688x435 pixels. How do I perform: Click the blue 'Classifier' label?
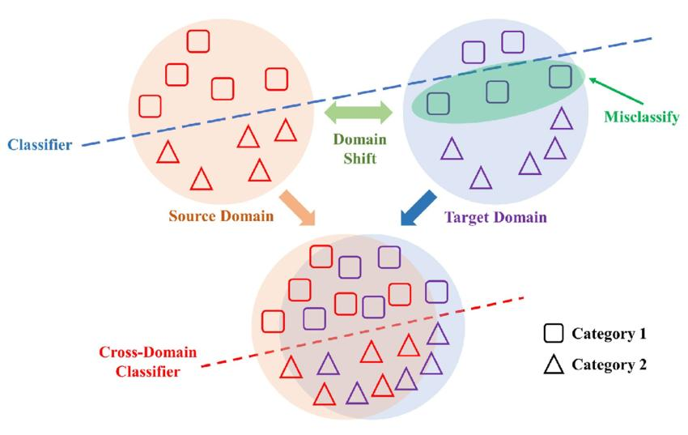pos(40,145)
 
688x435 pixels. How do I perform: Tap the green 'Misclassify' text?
pos(642,117)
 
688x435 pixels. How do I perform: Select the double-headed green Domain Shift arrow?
pos(358,113)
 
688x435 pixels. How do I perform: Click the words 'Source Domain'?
pos(221,216)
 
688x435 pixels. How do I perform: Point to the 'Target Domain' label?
pos(495,217)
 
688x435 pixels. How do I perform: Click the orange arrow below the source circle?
pos(299,208)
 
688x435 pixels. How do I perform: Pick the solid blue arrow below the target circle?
pos(418,208)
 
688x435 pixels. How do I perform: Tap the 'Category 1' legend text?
pos(609,334)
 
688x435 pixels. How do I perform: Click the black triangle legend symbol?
pos(554,365)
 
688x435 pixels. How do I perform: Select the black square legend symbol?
pos(554,334)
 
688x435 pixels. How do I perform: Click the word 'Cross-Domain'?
pos(147,352)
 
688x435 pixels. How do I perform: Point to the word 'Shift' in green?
pos(360,158)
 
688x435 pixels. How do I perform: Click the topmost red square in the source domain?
pos(198,41)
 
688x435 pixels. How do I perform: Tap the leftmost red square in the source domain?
pos(150,106)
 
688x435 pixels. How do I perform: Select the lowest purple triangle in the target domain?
pos(481,177)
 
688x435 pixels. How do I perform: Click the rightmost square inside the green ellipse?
pos(560,76)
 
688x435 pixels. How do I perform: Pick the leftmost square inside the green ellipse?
pos(439,104)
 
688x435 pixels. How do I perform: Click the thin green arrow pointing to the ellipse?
pos(616,91)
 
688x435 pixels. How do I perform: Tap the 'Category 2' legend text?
pos(609,365)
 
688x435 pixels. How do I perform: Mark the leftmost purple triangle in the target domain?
pos(452,148)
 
